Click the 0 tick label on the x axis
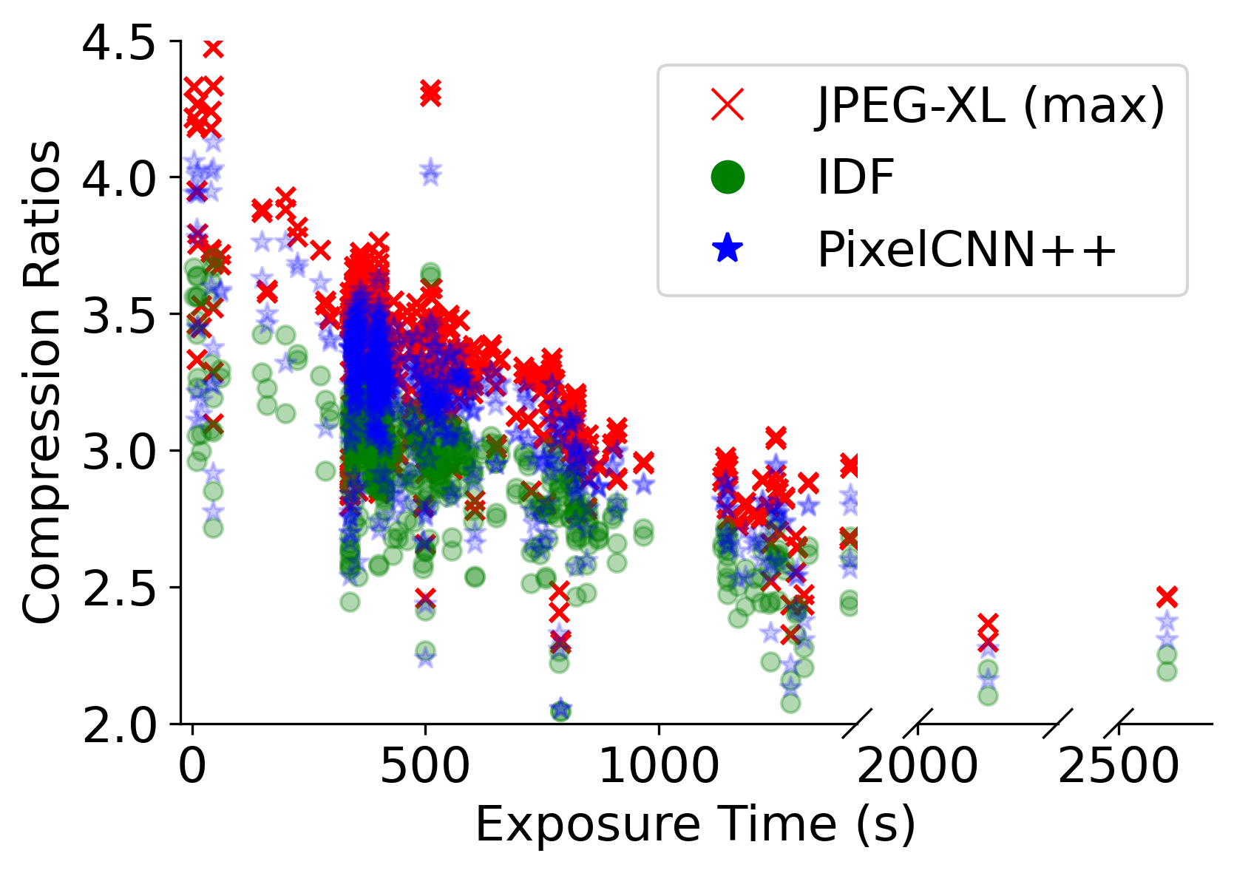[192, 767]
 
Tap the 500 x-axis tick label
[425, 767]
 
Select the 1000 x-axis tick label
[657, 767]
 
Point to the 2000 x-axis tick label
[917, 767]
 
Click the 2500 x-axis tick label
[1118, 767]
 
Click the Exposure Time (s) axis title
[695, 824]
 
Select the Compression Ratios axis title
[42, 382]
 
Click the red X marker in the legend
[728, 104]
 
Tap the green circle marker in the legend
[728, 177]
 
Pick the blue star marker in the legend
[728, 249]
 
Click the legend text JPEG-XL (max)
[991, 104]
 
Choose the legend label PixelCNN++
[966, 250]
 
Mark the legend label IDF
[855, 177]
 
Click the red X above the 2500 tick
[1167, 596]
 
